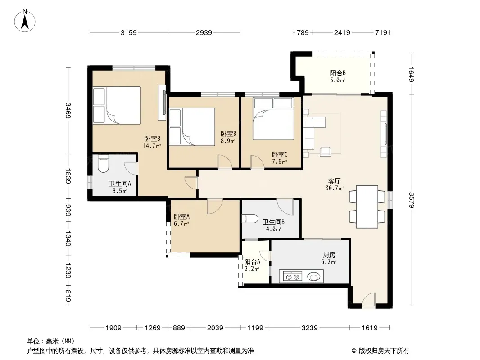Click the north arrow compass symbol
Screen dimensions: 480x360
coord(25,21)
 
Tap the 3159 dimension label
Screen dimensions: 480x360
coord(129,32)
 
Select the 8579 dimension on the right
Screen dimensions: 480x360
coord(411,200)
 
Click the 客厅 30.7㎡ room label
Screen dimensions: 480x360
coord(334,185)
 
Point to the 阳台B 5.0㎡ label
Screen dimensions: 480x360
coord(338,77)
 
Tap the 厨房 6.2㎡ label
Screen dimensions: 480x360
coord(329,258)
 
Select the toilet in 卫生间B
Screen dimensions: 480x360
coord(250,219)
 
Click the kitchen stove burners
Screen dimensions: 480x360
coord(292,276)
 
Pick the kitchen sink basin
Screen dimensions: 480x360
coord(313,277)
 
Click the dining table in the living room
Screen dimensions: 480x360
coord(367,207)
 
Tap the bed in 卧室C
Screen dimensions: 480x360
coord(273,119)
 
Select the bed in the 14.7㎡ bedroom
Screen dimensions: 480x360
coord(117,105)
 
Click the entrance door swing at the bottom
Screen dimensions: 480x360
coord(369,299)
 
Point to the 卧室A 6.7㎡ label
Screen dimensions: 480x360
coord(181,220)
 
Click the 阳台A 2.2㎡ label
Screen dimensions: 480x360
coord(252,265)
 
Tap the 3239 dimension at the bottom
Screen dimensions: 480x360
coord(309,328)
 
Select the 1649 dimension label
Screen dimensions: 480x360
coord(411,74)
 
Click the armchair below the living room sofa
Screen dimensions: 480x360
coord(326,151)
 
